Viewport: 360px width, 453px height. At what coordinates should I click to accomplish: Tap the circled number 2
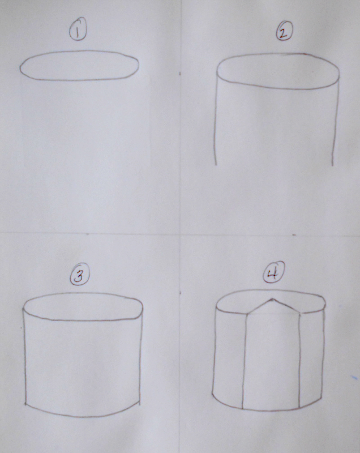tap(283, 32)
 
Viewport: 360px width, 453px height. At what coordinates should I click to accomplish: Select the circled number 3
tap(79, 276)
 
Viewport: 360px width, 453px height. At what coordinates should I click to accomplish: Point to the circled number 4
tap(272, 275)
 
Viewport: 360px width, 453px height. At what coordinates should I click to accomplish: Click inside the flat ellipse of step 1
tap(79, 66)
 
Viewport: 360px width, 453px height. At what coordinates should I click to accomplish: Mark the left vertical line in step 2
tap(216, 125)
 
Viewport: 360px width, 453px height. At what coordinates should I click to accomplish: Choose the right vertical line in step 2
tap(335, 125)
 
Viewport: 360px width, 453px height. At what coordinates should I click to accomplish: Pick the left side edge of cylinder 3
tap(25, 357)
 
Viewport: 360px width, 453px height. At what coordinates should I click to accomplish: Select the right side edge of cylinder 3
tap(142, 357)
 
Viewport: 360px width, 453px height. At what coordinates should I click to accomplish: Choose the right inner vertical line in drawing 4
tap(299, 362)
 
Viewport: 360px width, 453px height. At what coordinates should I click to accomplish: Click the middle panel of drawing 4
tap(272, 362)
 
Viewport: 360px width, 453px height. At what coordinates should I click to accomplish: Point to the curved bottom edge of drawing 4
tap(272, 409)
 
